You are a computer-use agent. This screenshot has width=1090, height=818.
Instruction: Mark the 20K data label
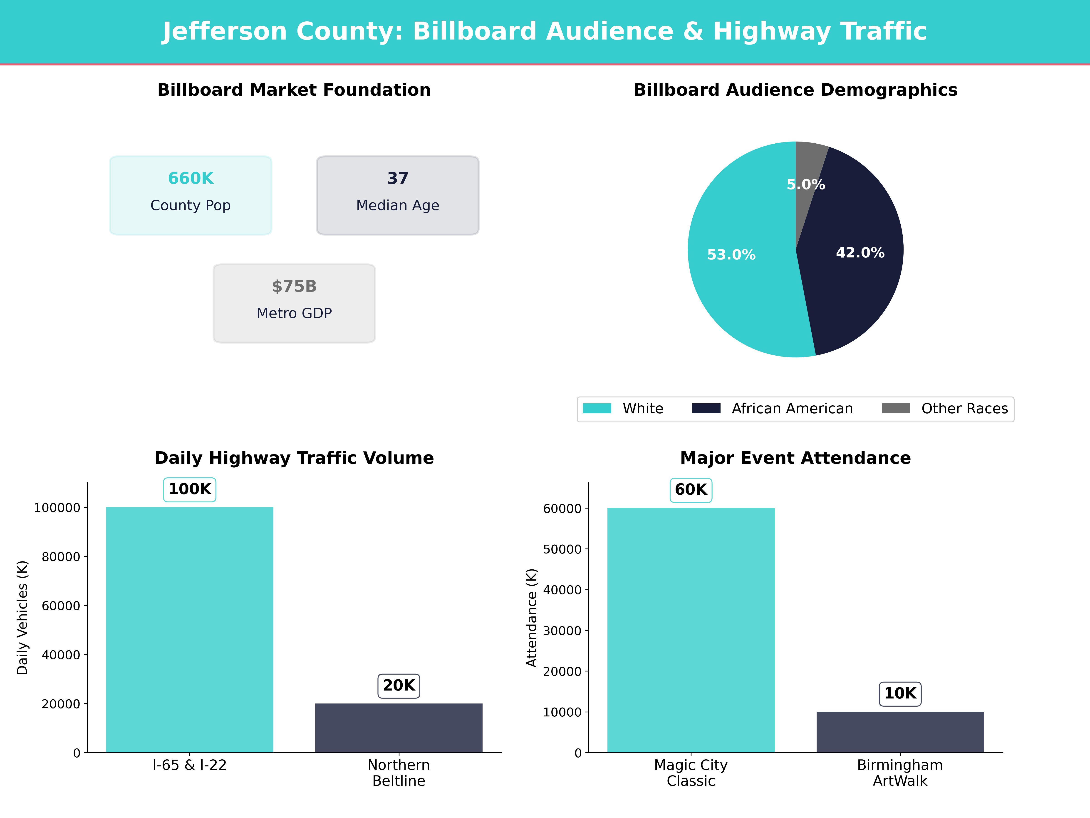[399, 685]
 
